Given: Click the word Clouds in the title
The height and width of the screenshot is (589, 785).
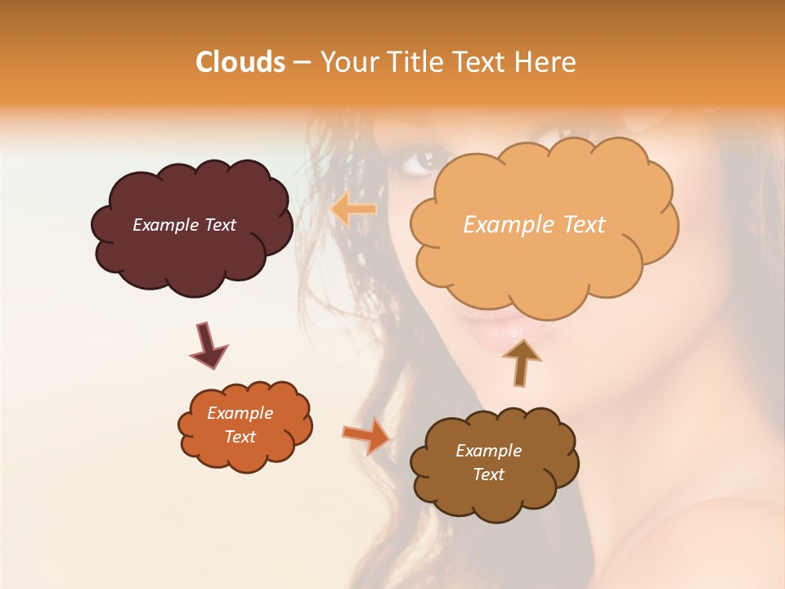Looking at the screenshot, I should click(x=240, y=62).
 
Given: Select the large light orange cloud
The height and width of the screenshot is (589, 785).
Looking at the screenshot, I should click(x=540, y=262).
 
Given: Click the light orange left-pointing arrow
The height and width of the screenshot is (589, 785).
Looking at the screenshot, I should click(x=354, y=209).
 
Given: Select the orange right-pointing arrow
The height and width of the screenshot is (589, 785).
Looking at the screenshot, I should click(x=366, y=435).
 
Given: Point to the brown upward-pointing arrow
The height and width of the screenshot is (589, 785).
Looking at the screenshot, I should click(x=521, y=362).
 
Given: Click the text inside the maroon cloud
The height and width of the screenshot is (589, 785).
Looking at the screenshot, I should click(x=184, y=225).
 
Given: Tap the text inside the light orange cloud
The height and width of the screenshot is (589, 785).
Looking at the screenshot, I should click(x=534, y=225).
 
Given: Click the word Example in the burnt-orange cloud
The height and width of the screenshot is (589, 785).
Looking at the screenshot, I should click(x=240, y=413).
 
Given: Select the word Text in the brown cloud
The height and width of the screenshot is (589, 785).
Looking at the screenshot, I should click(x=488, y=474).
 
